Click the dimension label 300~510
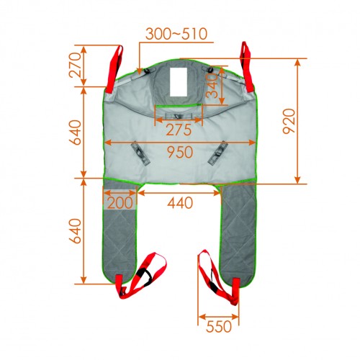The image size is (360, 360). (x=176, y=34)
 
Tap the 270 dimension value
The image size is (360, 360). (x=74, y=65)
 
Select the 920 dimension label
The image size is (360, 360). (x=289, y=121)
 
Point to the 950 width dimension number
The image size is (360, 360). (x=180, y=152)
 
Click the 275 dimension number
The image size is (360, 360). (x=179, y=130)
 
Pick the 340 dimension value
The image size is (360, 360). (x=212, y=86)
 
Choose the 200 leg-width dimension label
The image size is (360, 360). (x=120, y=202)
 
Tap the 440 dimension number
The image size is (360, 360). (x=180, y=203)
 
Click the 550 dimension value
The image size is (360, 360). (x=219, y=326)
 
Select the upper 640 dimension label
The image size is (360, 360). (x=75, y=132)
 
